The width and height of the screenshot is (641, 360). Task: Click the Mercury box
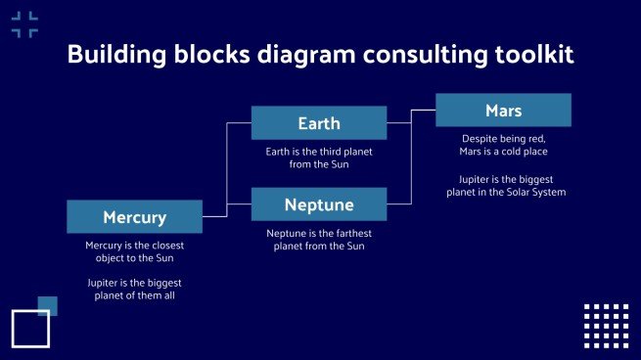coord(134,216)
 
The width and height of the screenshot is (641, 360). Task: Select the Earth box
coord(319,123)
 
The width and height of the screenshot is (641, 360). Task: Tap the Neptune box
coord(319,204)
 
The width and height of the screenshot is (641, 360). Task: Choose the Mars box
coord(503,110)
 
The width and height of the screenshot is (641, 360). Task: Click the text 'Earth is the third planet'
coord(319,152)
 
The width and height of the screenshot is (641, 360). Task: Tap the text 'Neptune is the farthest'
coord(319,233)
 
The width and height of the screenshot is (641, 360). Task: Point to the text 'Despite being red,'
coord(503,139)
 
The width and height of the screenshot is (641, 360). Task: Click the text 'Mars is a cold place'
coord(503,152)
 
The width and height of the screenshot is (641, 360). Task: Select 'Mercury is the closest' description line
coord(134,245)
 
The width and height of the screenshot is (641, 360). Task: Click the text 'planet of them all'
coord(134,295)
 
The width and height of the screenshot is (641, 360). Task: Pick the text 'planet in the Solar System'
coord(503,192)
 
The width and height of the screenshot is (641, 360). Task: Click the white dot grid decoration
coord(606,326)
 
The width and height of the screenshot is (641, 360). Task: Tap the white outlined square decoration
coord(30,329)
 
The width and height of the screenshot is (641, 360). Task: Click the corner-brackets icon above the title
coord(24,24)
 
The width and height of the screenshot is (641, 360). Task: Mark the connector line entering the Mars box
coord(423,110)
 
